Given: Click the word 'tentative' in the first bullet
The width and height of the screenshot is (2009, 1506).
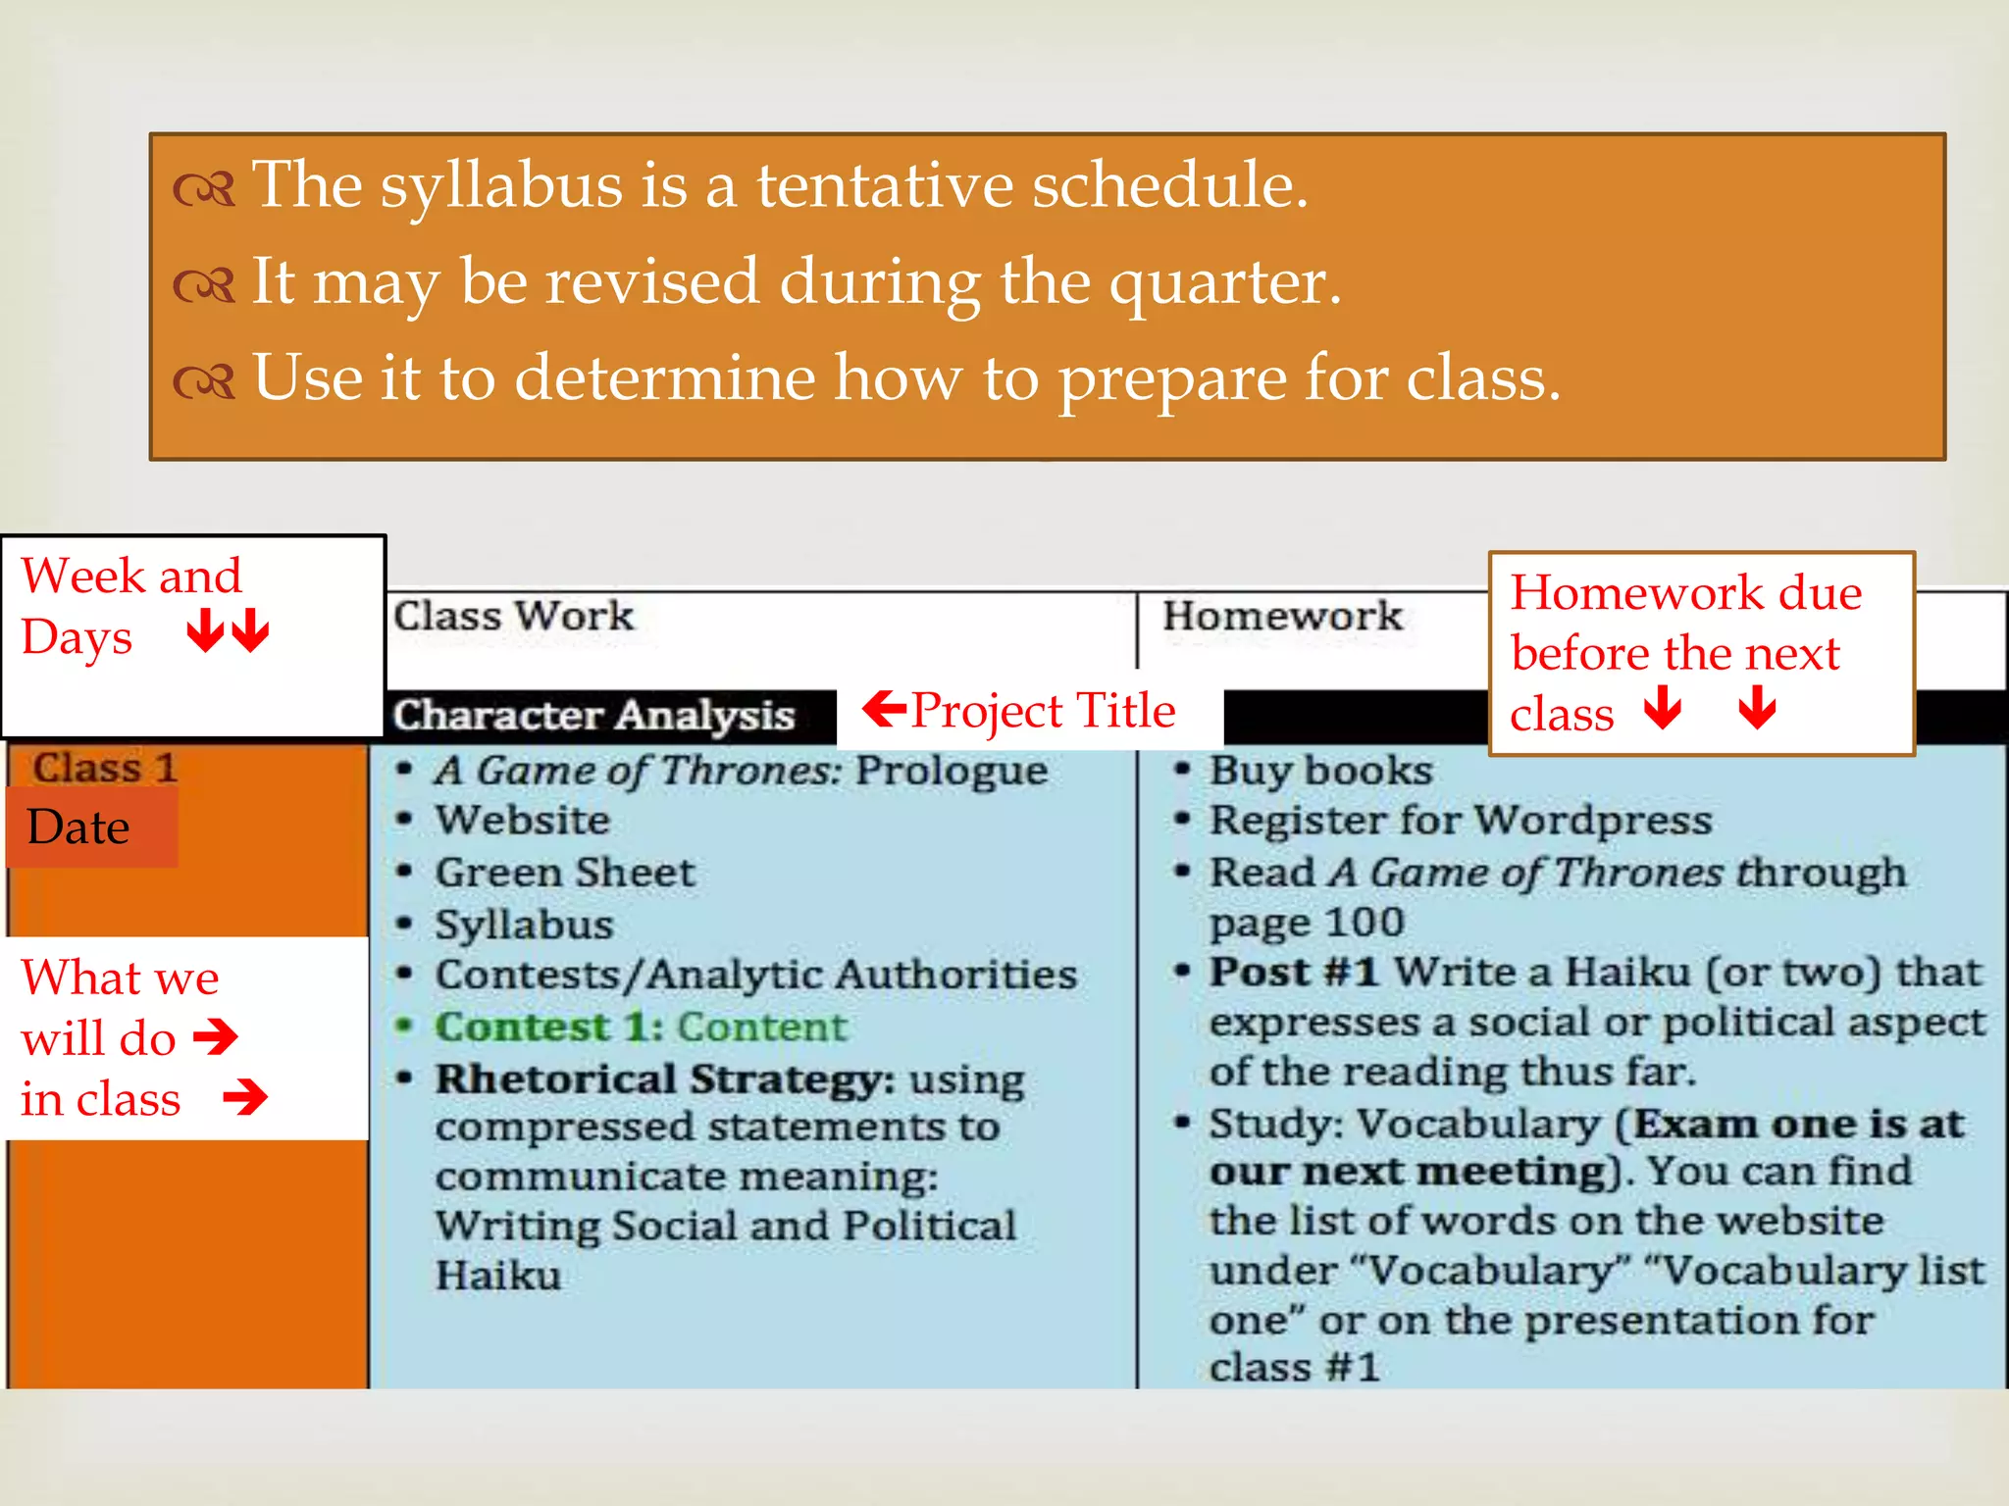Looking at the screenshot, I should (883, 185).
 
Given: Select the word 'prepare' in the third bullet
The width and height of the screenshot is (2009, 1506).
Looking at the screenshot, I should (1172, 379).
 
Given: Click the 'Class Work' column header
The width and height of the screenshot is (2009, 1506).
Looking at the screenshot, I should (513, 617).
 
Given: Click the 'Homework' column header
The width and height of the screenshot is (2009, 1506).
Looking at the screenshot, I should (1281, 617).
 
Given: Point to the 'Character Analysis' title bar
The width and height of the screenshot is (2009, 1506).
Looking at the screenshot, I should (593, 716).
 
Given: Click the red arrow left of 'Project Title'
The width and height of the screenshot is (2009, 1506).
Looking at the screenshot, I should (885, 708).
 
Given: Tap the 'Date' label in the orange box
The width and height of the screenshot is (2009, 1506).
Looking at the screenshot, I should (78, 828).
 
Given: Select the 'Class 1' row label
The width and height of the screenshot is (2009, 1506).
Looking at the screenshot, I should (104, 768).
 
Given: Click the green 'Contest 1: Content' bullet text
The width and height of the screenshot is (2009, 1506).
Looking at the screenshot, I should (641, 1028).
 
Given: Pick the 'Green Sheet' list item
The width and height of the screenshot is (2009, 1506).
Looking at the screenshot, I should (565, 873).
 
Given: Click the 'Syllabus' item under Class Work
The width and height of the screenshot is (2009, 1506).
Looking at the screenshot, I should (525, 925).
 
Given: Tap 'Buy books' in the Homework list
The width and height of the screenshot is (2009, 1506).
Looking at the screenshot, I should (1320, 771).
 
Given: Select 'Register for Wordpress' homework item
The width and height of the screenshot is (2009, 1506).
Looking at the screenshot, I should (1460, 821).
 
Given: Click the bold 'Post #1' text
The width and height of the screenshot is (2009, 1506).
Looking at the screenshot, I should (1293, 973).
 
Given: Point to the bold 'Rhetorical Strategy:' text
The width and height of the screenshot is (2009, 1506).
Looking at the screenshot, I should (665, 1079).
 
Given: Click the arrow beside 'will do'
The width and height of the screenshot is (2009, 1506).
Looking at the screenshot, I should (217, 1036).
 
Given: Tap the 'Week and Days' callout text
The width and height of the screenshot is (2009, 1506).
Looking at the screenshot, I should (130, 605).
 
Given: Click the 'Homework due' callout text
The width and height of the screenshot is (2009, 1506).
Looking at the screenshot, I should (1685, 593).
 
